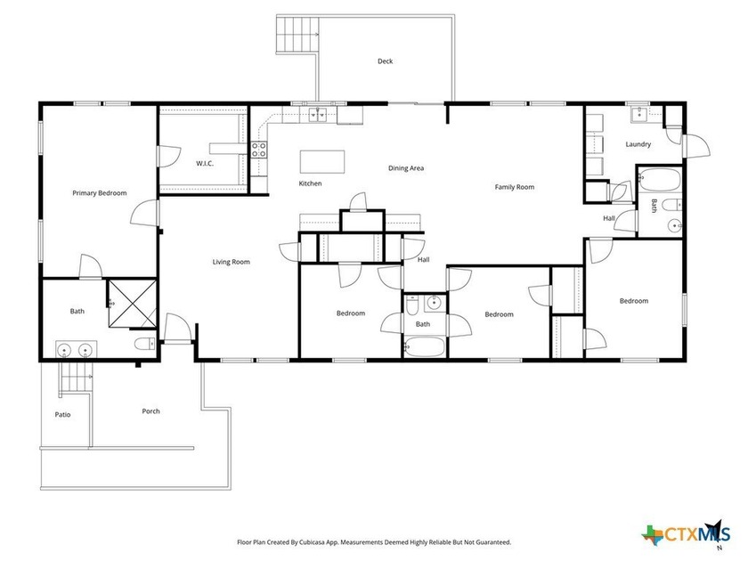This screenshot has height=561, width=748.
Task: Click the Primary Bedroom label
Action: click(99, 192)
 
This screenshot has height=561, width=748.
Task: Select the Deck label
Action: click(385, 61)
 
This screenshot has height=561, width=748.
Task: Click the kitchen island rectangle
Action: click(321, 161)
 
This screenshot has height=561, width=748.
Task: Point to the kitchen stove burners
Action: click(260, 150)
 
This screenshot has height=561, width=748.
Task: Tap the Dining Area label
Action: click(405, 167)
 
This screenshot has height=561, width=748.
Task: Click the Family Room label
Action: click(515, 187)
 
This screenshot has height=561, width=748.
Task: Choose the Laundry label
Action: click(638, 144)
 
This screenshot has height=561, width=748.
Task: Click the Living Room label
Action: click(231, 262)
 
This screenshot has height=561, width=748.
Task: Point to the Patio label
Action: click(62, 414)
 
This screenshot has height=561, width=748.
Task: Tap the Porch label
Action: click(150, 411)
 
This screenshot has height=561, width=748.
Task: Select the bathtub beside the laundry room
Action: click(658, 181)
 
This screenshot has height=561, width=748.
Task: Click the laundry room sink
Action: click(639, 113)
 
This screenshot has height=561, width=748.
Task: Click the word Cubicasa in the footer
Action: click(323, 541)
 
